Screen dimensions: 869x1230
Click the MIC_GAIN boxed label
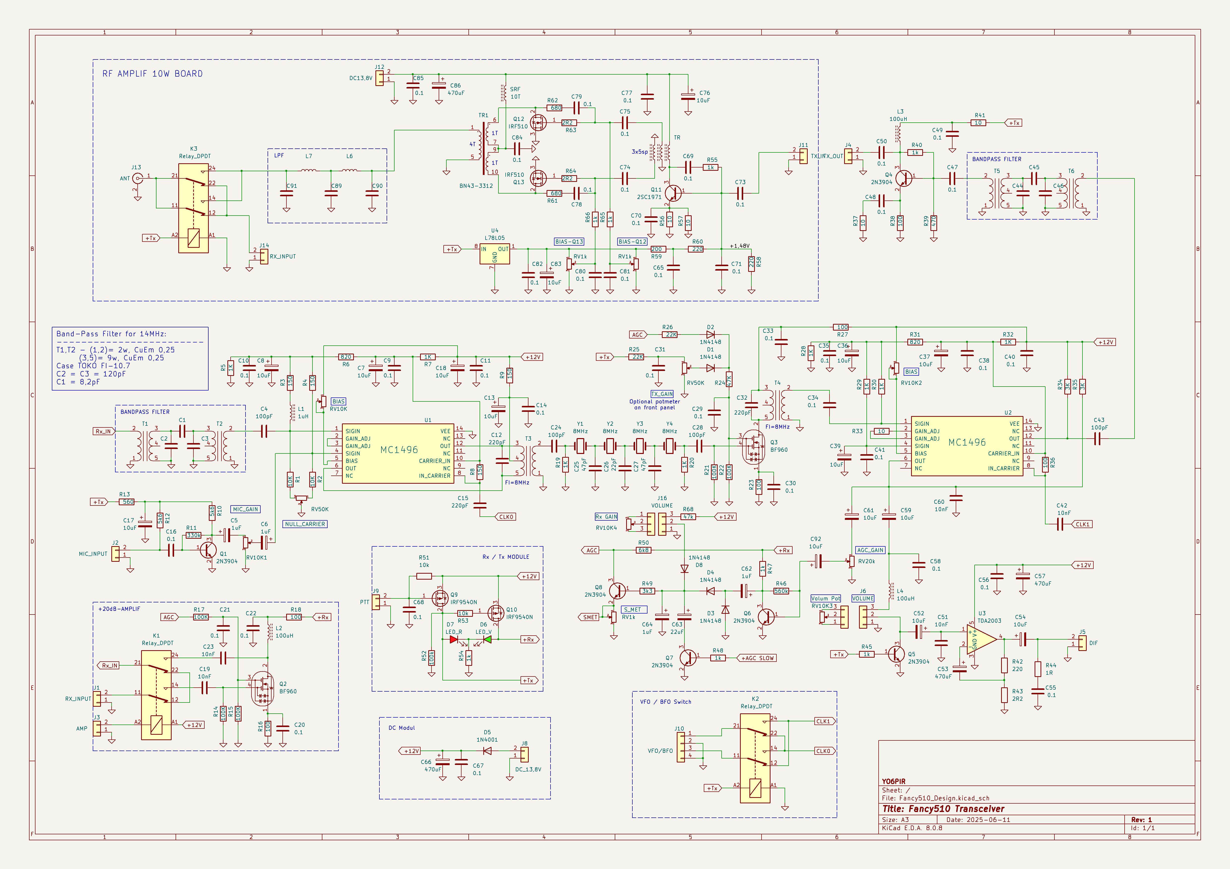tap(245, 509)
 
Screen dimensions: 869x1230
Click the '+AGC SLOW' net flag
tap(756, 658)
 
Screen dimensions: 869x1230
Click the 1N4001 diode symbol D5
tap(487, 751)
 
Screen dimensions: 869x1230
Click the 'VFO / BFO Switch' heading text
tap(665, 701)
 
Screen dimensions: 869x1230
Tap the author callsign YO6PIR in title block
tap(893, 781)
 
